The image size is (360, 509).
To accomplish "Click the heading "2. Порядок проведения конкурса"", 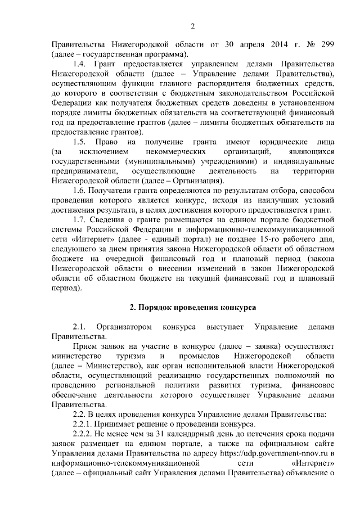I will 192,308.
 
